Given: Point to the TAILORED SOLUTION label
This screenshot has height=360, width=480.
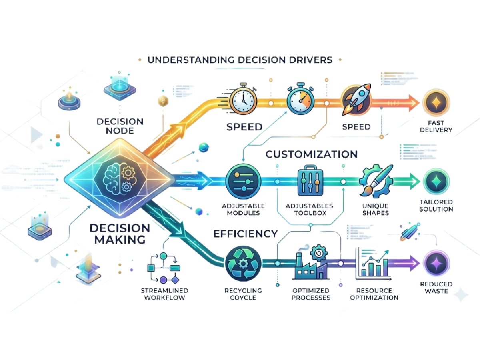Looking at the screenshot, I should [436, 205].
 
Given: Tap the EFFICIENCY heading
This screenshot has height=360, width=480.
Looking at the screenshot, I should [246, 234].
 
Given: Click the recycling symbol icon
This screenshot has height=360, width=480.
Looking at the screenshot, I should [243, 262].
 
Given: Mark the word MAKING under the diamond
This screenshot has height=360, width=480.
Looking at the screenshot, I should [117, 240].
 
